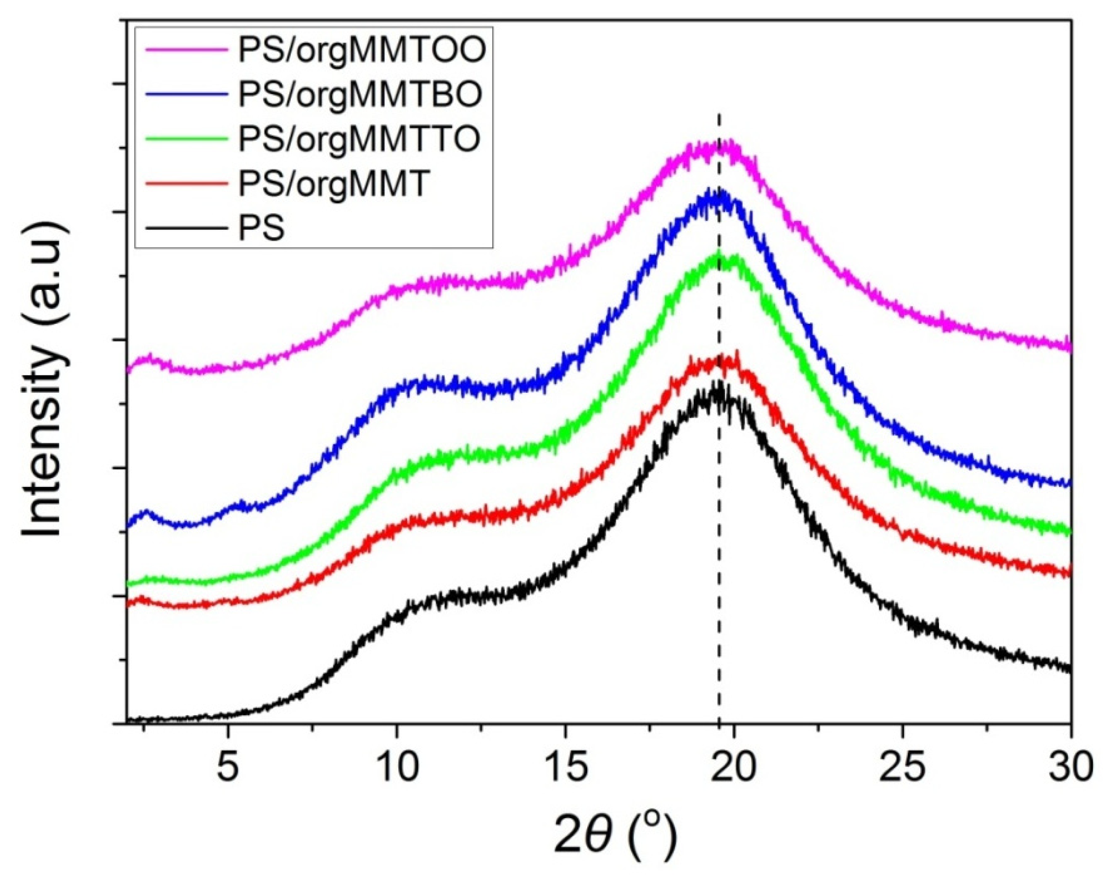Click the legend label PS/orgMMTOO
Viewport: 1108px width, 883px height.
[362, 52]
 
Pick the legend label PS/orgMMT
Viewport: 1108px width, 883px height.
[332, 184]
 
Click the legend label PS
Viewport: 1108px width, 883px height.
[261, 228]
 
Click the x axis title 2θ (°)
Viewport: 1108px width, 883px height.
[614, 836]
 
